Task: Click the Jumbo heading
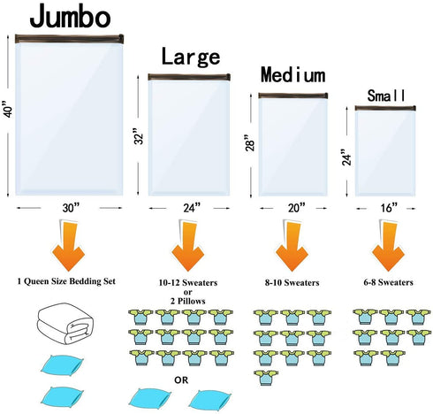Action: click(x=70, y=17)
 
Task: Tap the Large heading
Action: click(x=191, y=57)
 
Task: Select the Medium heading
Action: click(x=293, y=74)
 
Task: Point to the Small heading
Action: click(x=386, y=96)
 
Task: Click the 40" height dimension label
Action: click(x=9, y=109)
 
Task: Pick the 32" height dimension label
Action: click(x=139, y=136)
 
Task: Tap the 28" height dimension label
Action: click(x=250, y=142)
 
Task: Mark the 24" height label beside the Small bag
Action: click(x=347, y=157)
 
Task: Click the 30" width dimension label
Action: click(x=71, y=208)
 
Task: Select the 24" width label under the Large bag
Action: click(x=192, y=208)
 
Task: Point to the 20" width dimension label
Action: click(x=296, y=208)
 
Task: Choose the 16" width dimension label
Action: click(x=389, y=208)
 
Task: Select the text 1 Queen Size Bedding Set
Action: click(x=66, y=281)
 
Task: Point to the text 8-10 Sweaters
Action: click(x=292, y=283)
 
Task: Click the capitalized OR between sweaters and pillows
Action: click(x=181, y=380)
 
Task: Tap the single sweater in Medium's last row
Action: click(x=266, y=378)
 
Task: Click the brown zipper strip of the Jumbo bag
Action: click(x=69, y=39)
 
